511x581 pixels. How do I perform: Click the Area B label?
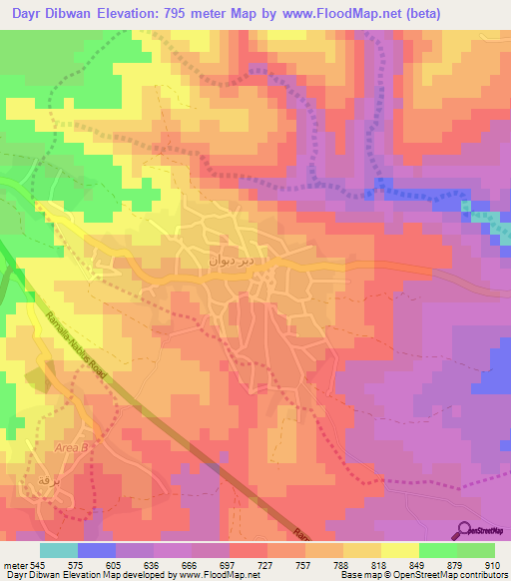pyautogui.click(x=72, y=448)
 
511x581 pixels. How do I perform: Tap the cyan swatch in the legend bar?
pyautogui.click(x=58, y=550)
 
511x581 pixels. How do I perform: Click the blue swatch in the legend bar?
pyautogui.click(x=96, y=550)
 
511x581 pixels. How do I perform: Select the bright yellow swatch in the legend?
pyautogui.click(x=399, y=550)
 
